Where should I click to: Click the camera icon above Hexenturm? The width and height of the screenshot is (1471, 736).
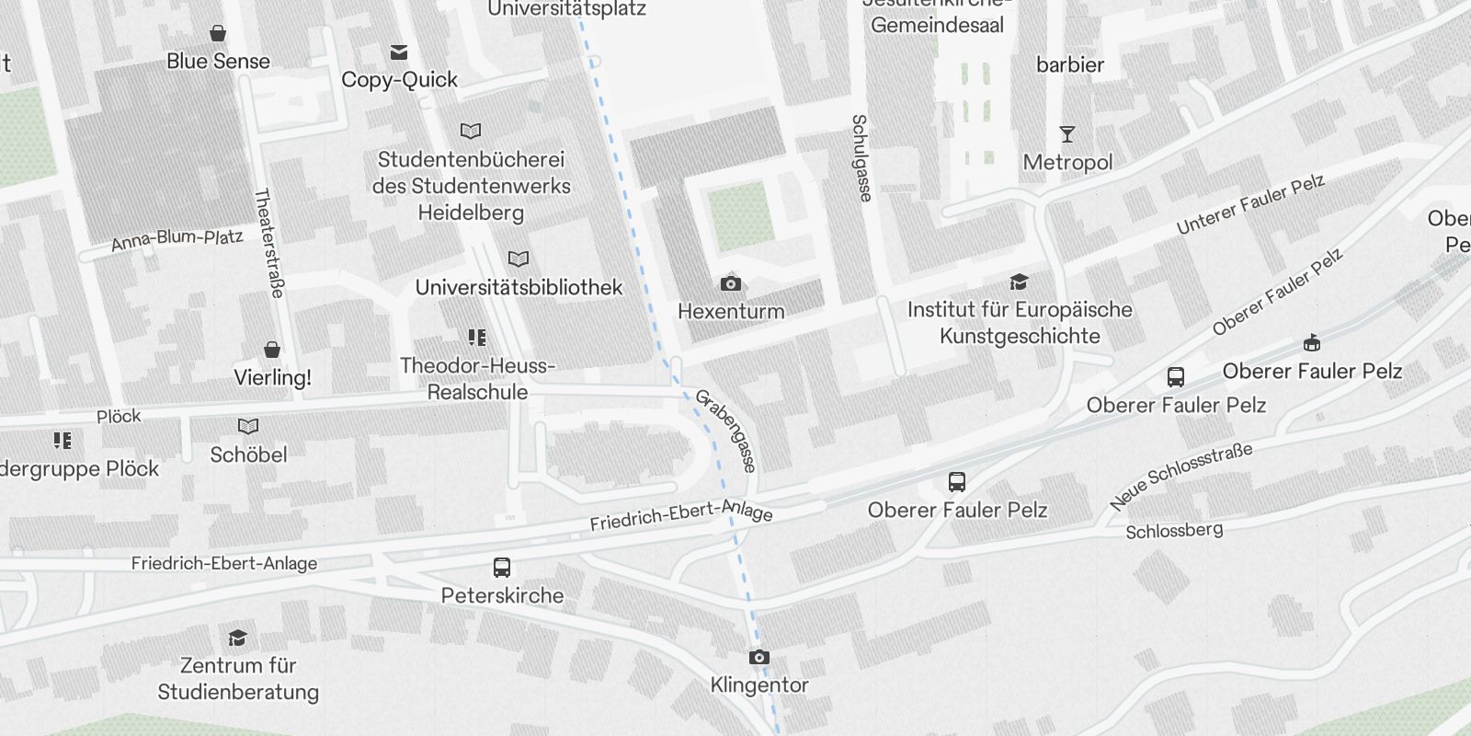tap(731, 283)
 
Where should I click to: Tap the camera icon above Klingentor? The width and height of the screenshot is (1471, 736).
tap(758, 657)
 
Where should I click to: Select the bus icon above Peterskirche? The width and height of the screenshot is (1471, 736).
tap(502, 568)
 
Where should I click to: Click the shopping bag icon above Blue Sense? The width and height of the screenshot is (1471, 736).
tap(218, 34)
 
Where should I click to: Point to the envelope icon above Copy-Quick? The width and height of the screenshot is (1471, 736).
tap(399, 52)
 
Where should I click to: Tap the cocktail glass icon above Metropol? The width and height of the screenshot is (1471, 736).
tap(1067, 134)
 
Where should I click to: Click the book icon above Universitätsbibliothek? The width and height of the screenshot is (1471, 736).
tap(519, 259)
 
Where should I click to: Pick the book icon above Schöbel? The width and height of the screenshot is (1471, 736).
tap(248, 427)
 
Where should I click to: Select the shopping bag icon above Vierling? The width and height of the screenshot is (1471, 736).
tap(272, 350)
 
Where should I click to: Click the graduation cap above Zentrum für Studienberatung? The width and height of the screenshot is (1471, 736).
tap(238, 638)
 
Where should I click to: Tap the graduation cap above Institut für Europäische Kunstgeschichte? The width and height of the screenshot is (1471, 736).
tap(1019, 282)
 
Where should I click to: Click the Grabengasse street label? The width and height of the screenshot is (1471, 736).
tap(726, 430)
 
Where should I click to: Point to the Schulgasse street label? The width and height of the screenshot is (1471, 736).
tap(861, 157)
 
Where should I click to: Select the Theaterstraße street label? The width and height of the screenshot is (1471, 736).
tap(268, 243)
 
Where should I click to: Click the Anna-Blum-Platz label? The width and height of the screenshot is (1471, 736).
tap(177, 240)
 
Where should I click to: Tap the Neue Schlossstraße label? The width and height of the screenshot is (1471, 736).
tap(1180, 476)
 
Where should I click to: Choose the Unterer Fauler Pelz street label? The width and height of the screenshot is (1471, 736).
tap(1250, 204)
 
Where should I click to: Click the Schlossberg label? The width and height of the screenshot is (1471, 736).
tap(1174, 531)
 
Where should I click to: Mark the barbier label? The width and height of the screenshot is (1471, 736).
tap(1069, 64)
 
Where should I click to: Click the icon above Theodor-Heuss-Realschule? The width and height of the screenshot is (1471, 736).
tap(476, 338)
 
